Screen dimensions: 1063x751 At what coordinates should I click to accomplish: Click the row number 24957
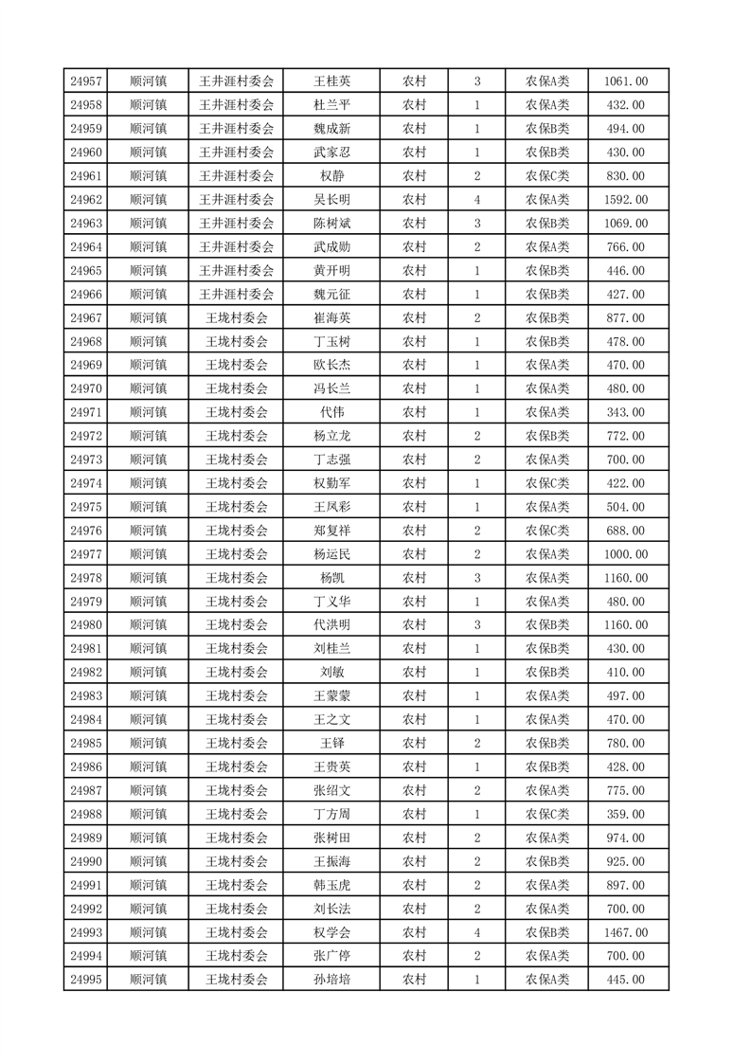(86, 81)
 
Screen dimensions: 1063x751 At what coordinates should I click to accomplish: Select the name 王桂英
(331, 81)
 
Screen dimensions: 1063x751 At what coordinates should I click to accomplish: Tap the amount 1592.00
(625, 200)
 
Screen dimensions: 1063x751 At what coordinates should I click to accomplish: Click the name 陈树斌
(331, 224)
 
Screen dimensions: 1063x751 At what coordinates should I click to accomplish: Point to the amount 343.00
(625, 412)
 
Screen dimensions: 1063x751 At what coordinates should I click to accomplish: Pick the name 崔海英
(331, 317)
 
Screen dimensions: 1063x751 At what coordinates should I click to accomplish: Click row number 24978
(86, 578)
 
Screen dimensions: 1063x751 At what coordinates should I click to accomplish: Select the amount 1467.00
(625, 932)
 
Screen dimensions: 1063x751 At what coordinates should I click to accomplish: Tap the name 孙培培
(331, 980)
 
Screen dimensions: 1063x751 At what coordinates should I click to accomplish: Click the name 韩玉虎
(331, 885)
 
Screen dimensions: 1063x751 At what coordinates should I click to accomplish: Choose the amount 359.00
(625, 814)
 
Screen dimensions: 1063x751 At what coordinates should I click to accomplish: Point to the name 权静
(331, 176)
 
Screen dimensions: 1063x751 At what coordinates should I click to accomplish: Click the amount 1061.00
(625, 81)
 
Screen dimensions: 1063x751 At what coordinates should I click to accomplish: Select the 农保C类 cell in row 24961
(547, 176)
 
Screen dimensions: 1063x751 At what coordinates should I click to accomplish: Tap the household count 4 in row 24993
(476, 932)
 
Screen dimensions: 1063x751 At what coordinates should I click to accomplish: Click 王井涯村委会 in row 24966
(237, 295)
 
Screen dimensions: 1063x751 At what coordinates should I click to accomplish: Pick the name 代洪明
(331, 625)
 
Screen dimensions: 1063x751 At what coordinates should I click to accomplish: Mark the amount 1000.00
(625, 554)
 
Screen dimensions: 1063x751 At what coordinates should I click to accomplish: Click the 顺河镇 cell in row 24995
(148, 980)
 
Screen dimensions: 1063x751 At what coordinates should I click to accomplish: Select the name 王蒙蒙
(331, 695)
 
